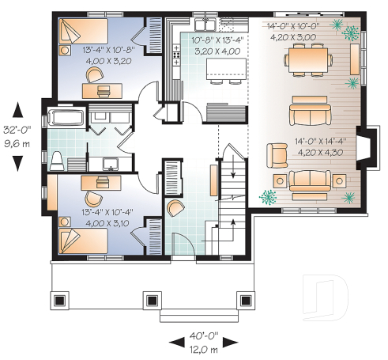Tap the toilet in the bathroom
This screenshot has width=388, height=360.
(58, 161)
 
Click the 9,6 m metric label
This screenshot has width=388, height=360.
(18, 145)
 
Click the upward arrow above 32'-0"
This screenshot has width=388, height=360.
(18, 111)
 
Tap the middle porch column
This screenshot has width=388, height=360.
(150, 301)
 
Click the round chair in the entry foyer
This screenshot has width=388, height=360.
(176, 209)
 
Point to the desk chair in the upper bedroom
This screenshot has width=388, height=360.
(95, 74)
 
